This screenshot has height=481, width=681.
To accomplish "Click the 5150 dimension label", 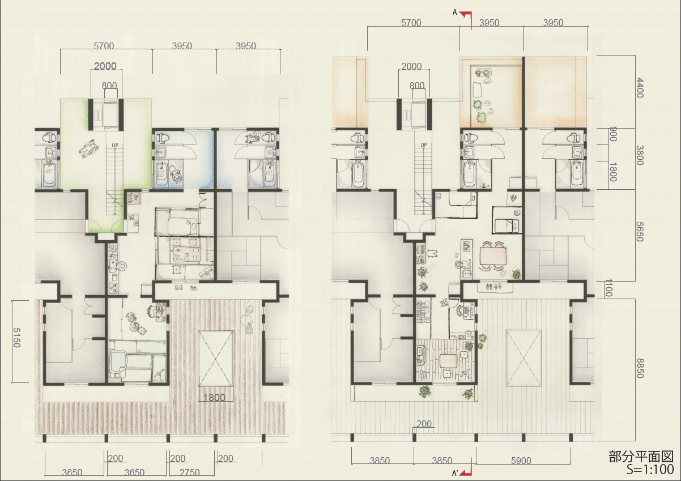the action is point(17,337).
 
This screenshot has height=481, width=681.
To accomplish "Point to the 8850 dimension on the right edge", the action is point(640,368).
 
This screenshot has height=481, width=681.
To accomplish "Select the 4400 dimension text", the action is point(640,88).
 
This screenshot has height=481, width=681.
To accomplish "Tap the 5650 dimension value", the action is point(640,231).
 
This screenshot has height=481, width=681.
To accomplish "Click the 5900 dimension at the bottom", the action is point(521,461).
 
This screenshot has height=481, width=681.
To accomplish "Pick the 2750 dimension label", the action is point(189,473).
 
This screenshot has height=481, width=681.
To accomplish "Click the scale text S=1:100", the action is point(650,470).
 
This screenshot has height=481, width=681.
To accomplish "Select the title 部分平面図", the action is point(641,457).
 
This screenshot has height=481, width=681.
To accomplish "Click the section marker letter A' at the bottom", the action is point(455,473).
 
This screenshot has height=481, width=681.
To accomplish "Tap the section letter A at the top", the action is point(455,12).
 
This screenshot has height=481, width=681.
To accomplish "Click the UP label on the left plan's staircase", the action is point(115,146).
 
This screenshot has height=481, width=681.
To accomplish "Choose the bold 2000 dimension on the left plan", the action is point(105,66).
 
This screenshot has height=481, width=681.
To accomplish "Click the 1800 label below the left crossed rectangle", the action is point(214,397).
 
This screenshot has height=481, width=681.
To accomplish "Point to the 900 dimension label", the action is point(613,134).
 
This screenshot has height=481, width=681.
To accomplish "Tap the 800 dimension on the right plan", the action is point(417,86).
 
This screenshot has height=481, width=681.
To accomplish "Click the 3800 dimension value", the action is point(640,155).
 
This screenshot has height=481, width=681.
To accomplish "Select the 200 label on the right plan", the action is point(424,424).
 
